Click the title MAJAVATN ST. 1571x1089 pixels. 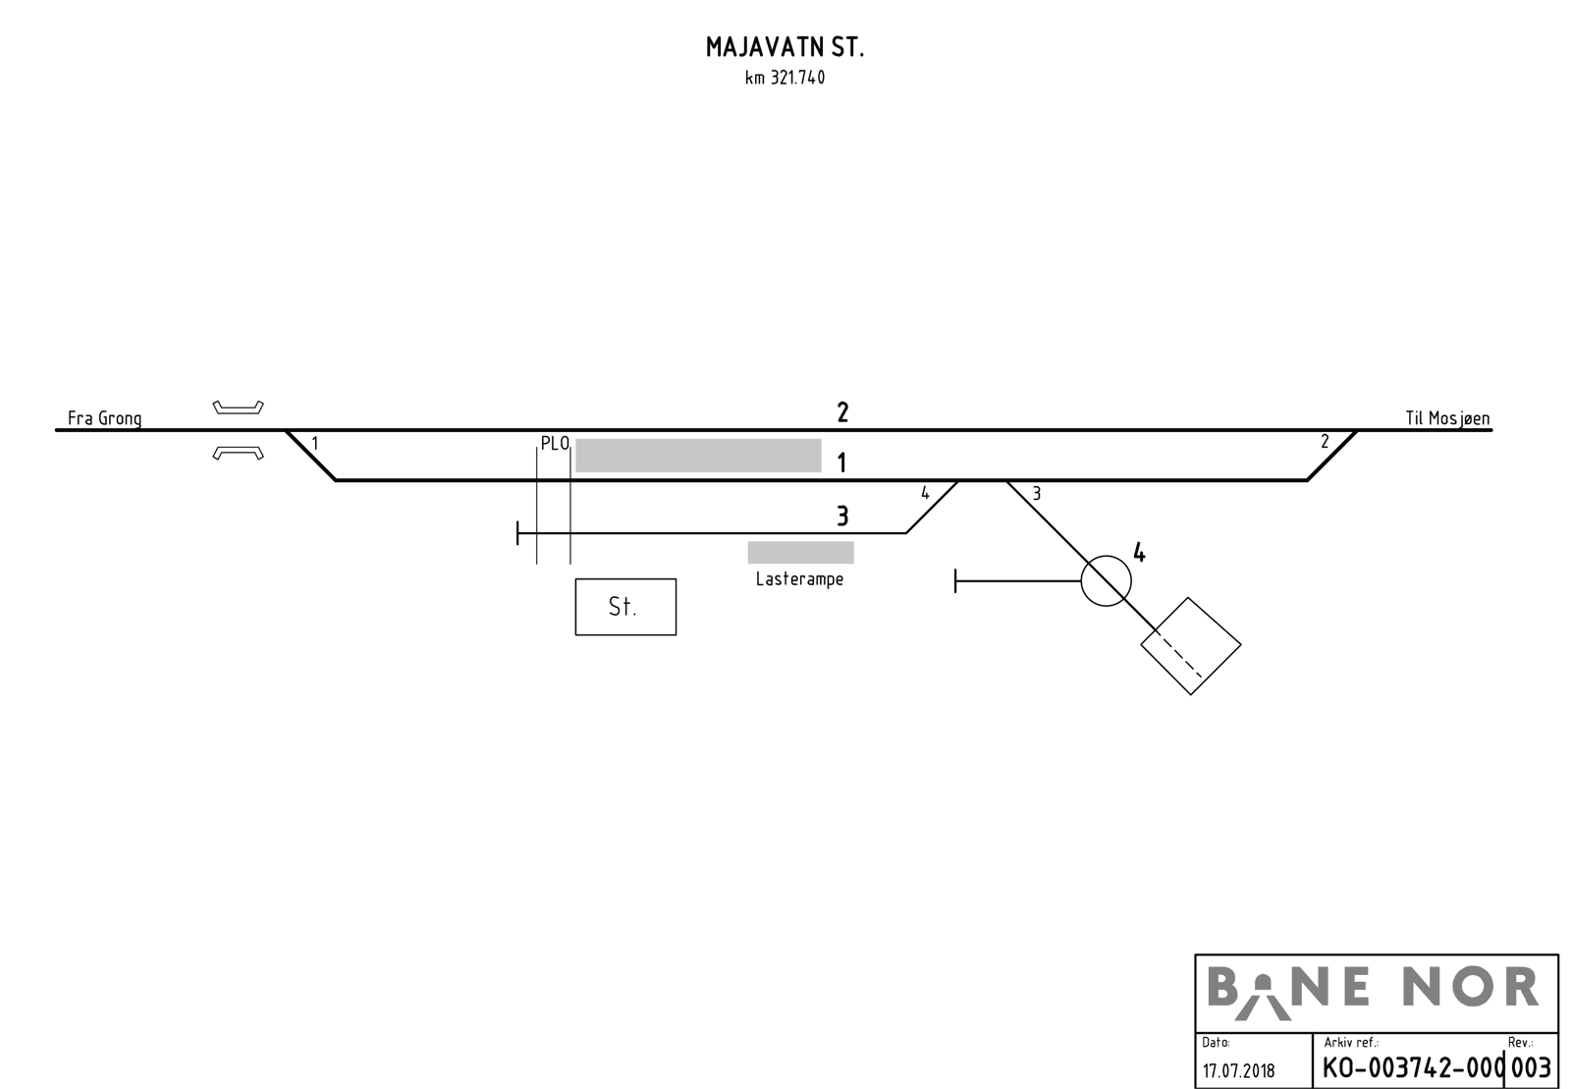tap(785, 47)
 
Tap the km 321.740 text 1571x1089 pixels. tap(785, 78)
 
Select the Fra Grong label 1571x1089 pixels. tap(104, 418)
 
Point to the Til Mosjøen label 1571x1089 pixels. tap(1447, 418)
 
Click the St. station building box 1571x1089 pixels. tap(625, 607)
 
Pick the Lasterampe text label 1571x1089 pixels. tap(799, 579)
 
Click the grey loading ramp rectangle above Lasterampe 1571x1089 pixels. tap(800, 553)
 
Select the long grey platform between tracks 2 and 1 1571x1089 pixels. tap(698, 456)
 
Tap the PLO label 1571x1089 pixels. tap(555, 444)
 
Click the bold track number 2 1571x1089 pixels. tap(842, 412)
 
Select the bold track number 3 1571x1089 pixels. tap(842, 517)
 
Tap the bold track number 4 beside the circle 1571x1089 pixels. tap(1139, 553)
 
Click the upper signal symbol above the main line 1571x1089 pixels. tap(239, 408)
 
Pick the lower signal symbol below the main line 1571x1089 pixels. tap(239, 454)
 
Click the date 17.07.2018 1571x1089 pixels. tap(1238, 1070)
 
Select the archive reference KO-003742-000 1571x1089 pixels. tap(1413, 1068)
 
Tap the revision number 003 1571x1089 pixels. tap(1531, 1068)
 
